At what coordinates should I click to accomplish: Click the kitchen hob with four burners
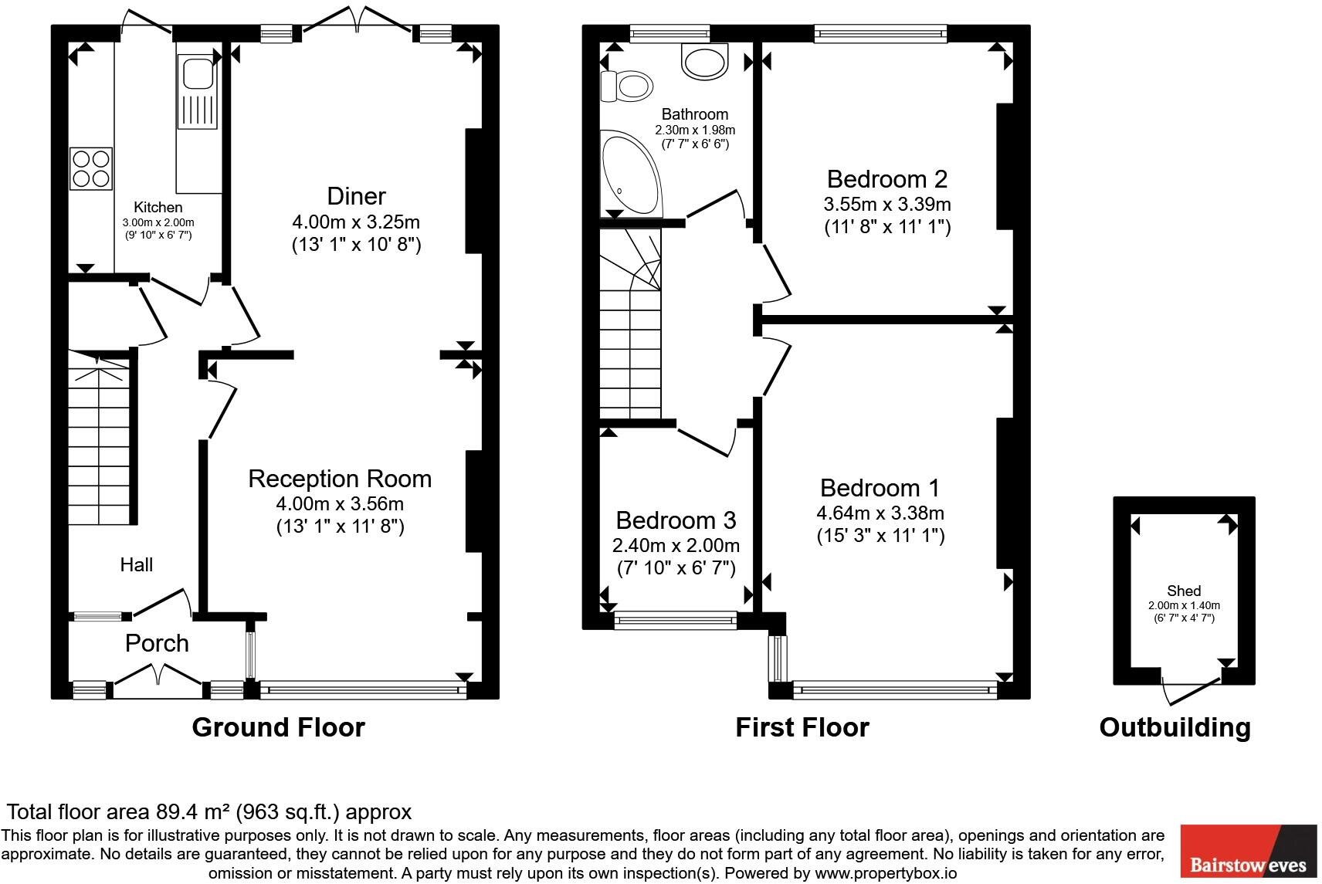coord(91,168)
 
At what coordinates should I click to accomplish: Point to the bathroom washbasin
coord(704,62)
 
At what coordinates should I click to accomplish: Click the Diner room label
coord(356,196)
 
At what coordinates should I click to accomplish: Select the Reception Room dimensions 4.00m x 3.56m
coord(340,504)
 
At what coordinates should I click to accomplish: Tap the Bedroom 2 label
coord(886,179)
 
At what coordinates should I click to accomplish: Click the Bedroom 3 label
coord(676,520)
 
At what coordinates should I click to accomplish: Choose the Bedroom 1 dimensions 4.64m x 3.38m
coord(880,513)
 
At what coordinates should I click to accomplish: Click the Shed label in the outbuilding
coord(1183,591)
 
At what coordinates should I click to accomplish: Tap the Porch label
coord(157,643)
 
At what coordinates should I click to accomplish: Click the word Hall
coord(136,564)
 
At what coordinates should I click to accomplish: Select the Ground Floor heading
coord(278,727)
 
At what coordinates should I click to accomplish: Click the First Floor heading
coord(802,727)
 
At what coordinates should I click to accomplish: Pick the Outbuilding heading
coord(1175,727)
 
